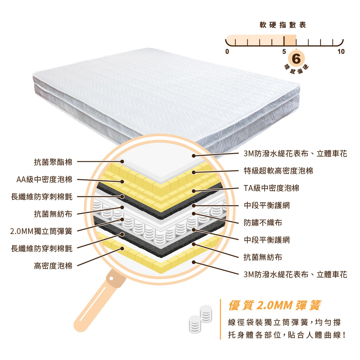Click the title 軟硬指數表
pos(283,25)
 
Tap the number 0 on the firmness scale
pos(227,51)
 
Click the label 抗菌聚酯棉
pos(53,162)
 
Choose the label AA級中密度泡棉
pos(44,179)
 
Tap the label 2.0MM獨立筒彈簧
pos(41,231)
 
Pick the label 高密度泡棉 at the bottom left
pos(53,266)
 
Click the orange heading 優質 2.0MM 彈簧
pos(274,306)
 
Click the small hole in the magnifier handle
pos(112,278)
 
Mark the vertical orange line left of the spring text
pos(220,319)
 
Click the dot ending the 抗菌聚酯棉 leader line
pos(122,162)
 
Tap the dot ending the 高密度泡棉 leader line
pos(122,248)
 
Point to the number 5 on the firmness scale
pos(284,51)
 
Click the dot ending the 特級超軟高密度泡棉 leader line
pos(194,172)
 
